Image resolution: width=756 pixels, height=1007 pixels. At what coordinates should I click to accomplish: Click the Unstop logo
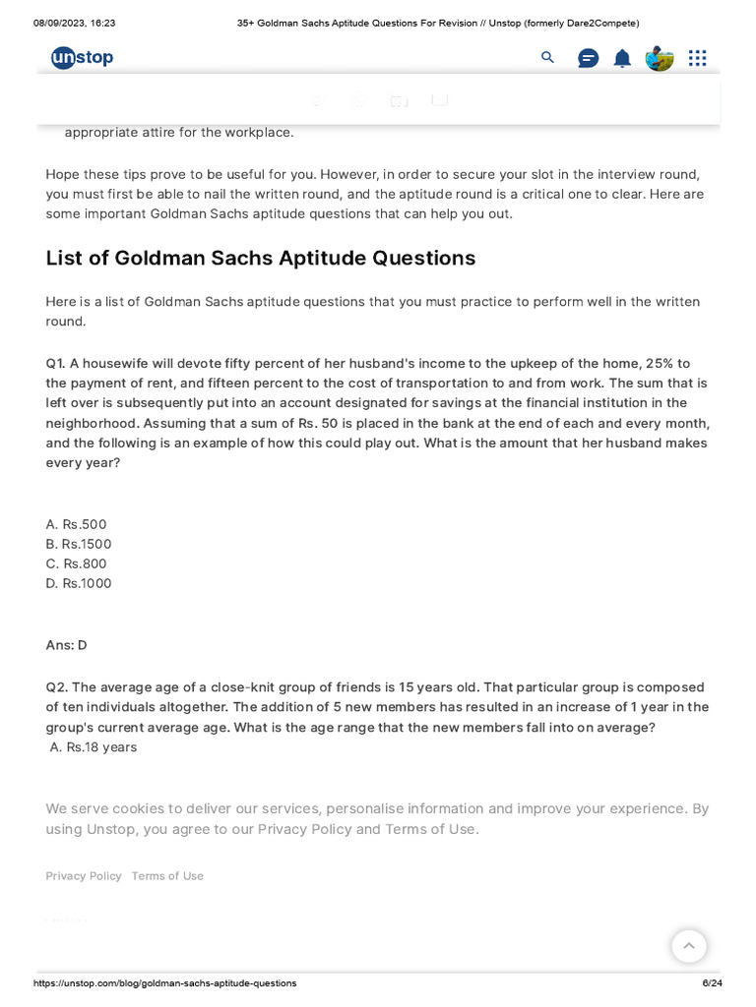[x=82, y=58]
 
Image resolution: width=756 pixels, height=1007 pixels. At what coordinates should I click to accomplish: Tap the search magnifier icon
[x=548, y=58]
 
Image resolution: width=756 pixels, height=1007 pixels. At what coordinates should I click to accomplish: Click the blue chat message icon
[x=588, y=58]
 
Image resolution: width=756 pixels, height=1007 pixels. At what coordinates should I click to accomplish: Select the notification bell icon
[x=622, y=58]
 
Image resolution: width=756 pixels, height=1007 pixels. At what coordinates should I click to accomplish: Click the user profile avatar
[x=659, y=58]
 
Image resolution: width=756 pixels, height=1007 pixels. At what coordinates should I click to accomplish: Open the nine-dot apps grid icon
[x=697, y=58]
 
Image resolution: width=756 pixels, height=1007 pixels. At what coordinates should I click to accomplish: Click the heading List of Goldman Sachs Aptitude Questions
[x=260, y=259]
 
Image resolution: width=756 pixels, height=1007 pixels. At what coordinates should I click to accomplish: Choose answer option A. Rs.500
[x=76, y=524]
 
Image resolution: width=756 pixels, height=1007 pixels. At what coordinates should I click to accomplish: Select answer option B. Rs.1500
[x=79, y=544]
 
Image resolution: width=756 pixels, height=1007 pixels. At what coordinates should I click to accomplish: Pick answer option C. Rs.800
[x=76, y=563]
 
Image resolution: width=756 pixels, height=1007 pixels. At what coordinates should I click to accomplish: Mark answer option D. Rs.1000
[x=79, y=583]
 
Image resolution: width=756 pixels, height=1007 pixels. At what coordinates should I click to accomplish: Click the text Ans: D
[x=66, y=645]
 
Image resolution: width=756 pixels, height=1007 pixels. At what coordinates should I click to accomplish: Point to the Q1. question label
[x=56, y=363]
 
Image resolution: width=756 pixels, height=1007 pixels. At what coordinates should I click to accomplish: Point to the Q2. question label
[x=57, y=687]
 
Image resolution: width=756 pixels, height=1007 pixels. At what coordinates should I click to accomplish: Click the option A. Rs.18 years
[x=94, y=747]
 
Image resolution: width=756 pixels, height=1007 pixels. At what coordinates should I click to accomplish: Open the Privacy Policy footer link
[x=84, y=876]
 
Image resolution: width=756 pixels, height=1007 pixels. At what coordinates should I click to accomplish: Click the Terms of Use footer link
[x=167, y=876]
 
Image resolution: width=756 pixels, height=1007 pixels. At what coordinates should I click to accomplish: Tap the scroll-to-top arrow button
[x=689, y=946]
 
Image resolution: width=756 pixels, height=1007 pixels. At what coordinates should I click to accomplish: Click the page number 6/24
[x=712, y=983]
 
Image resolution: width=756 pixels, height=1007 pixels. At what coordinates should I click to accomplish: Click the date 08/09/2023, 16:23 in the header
[x=74, y=23]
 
